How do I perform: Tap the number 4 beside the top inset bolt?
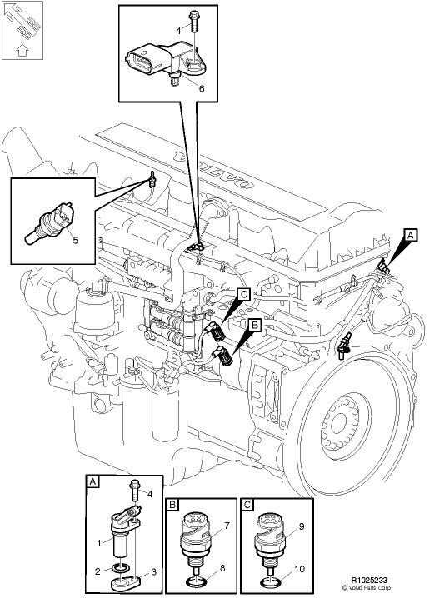pyautogui.click(x=177, y=29)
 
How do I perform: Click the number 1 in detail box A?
pyautogui.click(x=98, y=543)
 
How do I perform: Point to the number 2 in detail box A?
pyautogui.click(x=98, y=571)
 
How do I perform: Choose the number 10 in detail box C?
pyautogui.click(x=298, y=569)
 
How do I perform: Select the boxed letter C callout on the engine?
pyautogui.click(x=242, y=293)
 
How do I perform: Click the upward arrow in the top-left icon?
pyautogui.click(x=22, y=49)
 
